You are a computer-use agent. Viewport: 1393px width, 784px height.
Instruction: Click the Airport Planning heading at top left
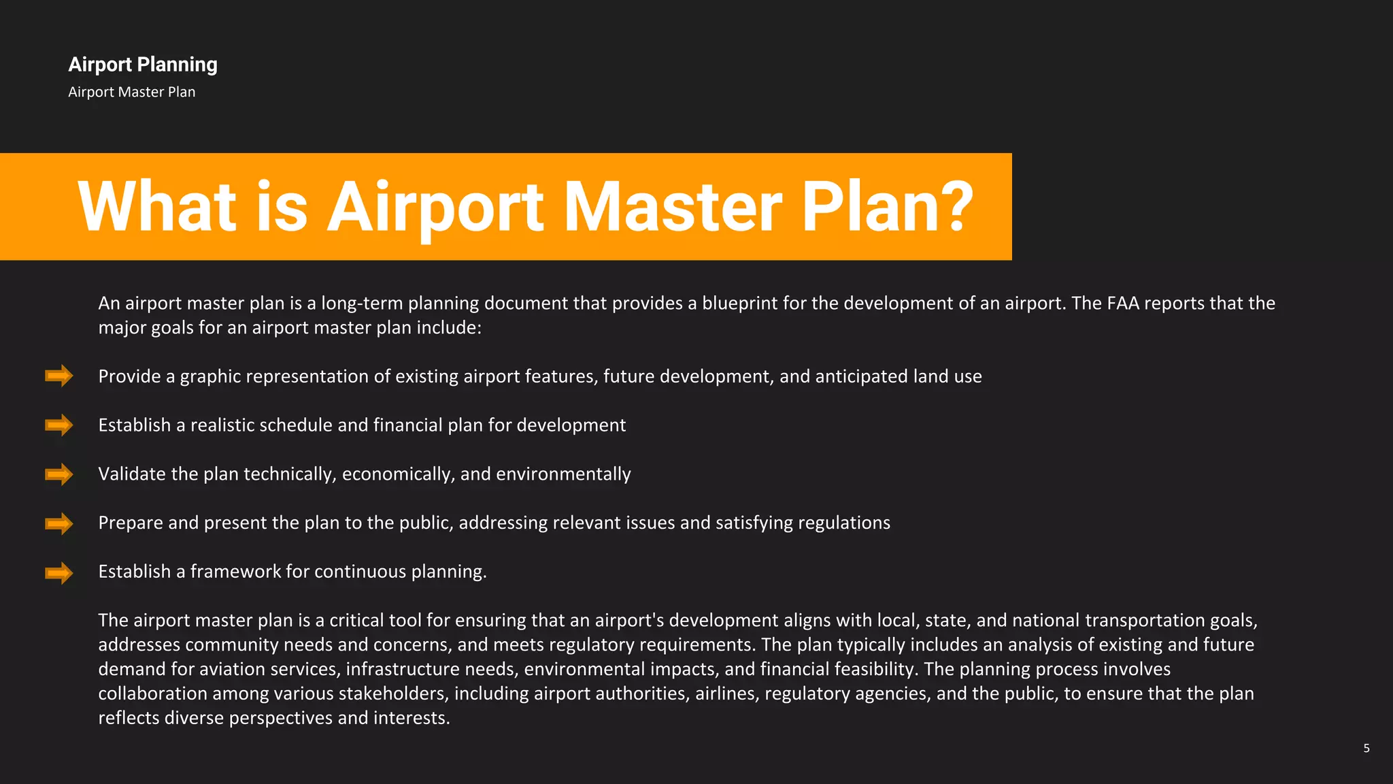click(143, 65)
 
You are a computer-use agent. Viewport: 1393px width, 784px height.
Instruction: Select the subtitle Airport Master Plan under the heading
click(131, 92)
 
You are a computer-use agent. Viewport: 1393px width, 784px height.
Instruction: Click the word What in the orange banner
click(157, 206)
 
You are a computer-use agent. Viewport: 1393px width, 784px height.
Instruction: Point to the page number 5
click(1366, 748)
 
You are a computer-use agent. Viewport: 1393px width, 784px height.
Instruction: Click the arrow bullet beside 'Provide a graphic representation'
click(59, 376)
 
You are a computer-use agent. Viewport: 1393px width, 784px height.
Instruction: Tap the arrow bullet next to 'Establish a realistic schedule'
click(59, 425)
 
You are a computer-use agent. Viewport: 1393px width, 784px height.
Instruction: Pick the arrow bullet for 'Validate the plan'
click(59, 474)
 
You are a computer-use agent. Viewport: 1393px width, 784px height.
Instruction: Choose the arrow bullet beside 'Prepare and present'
click(59, 523)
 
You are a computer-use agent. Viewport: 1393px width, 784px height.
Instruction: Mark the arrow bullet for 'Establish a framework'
click(59, 572)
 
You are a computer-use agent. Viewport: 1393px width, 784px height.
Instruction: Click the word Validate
click(132, 474)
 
